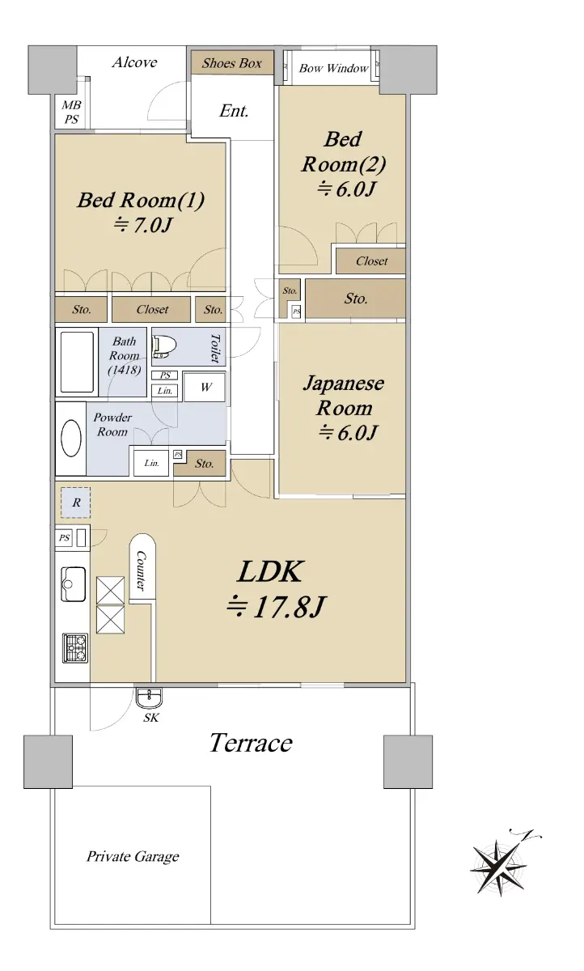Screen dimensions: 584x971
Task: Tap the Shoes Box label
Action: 232,63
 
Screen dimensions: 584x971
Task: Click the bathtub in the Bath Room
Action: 77,362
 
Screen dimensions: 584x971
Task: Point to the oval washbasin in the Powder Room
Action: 71,438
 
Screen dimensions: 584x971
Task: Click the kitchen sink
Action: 73,583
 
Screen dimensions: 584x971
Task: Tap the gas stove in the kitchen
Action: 75,648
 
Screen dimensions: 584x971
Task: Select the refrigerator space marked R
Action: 76,502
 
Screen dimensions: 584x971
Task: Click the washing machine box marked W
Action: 205,387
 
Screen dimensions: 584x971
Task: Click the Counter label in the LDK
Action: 141,570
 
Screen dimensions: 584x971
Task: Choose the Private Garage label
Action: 133,856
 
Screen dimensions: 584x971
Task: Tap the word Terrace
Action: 251,743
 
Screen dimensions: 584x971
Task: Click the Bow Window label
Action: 333,68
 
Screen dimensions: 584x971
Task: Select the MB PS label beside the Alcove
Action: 71,112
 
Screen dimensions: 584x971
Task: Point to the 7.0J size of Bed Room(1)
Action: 143,225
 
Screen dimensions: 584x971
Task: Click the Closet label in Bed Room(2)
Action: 372,261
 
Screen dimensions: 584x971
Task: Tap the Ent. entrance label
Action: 234,111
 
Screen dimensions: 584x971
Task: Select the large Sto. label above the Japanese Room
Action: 356,299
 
